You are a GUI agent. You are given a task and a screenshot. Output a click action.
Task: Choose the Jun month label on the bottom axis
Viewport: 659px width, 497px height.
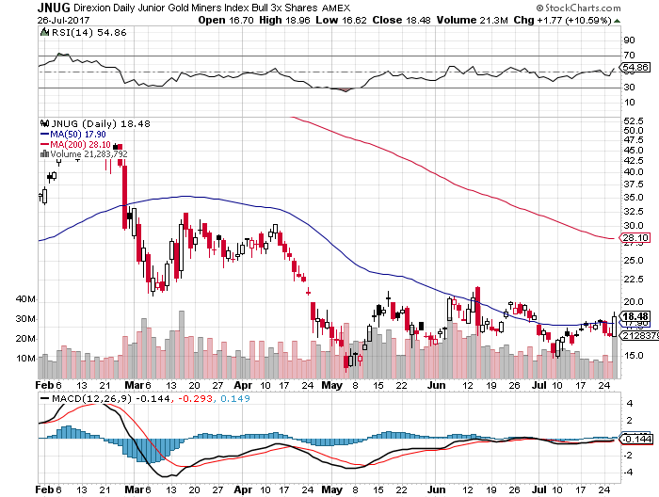435,385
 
